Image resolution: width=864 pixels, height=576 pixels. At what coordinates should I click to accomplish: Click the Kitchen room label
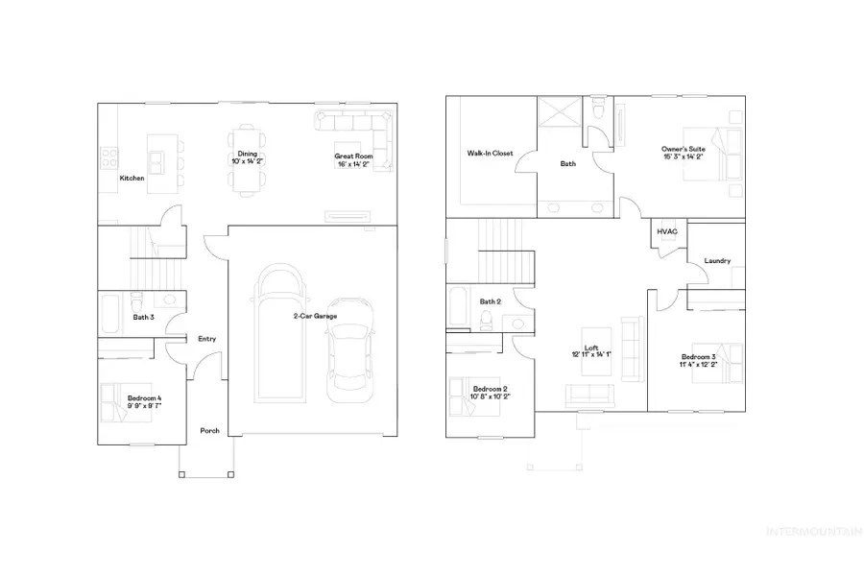[x=132, y=179]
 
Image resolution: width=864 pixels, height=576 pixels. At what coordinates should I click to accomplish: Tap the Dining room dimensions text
[x=247, y=162]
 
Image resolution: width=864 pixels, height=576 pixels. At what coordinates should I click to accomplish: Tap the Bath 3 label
[x=143, y=317]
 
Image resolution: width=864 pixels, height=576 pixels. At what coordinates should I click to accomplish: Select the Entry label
[x=206, y=339]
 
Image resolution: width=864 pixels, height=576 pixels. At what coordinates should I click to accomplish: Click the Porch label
[x=209, y=431]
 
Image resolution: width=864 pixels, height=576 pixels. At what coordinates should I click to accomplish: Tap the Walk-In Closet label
[x=490, y=153]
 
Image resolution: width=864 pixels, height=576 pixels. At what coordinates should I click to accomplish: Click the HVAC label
[x=667, y=231]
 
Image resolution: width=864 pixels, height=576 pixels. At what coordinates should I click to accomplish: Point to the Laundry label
[x=717, y=260]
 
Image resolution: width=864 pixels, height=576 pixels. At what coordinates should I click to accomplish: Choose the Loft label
[x=590, y=348]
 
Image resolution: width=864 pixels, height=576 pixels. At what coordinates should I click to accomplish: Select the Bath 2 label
[x=491, y=301]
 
